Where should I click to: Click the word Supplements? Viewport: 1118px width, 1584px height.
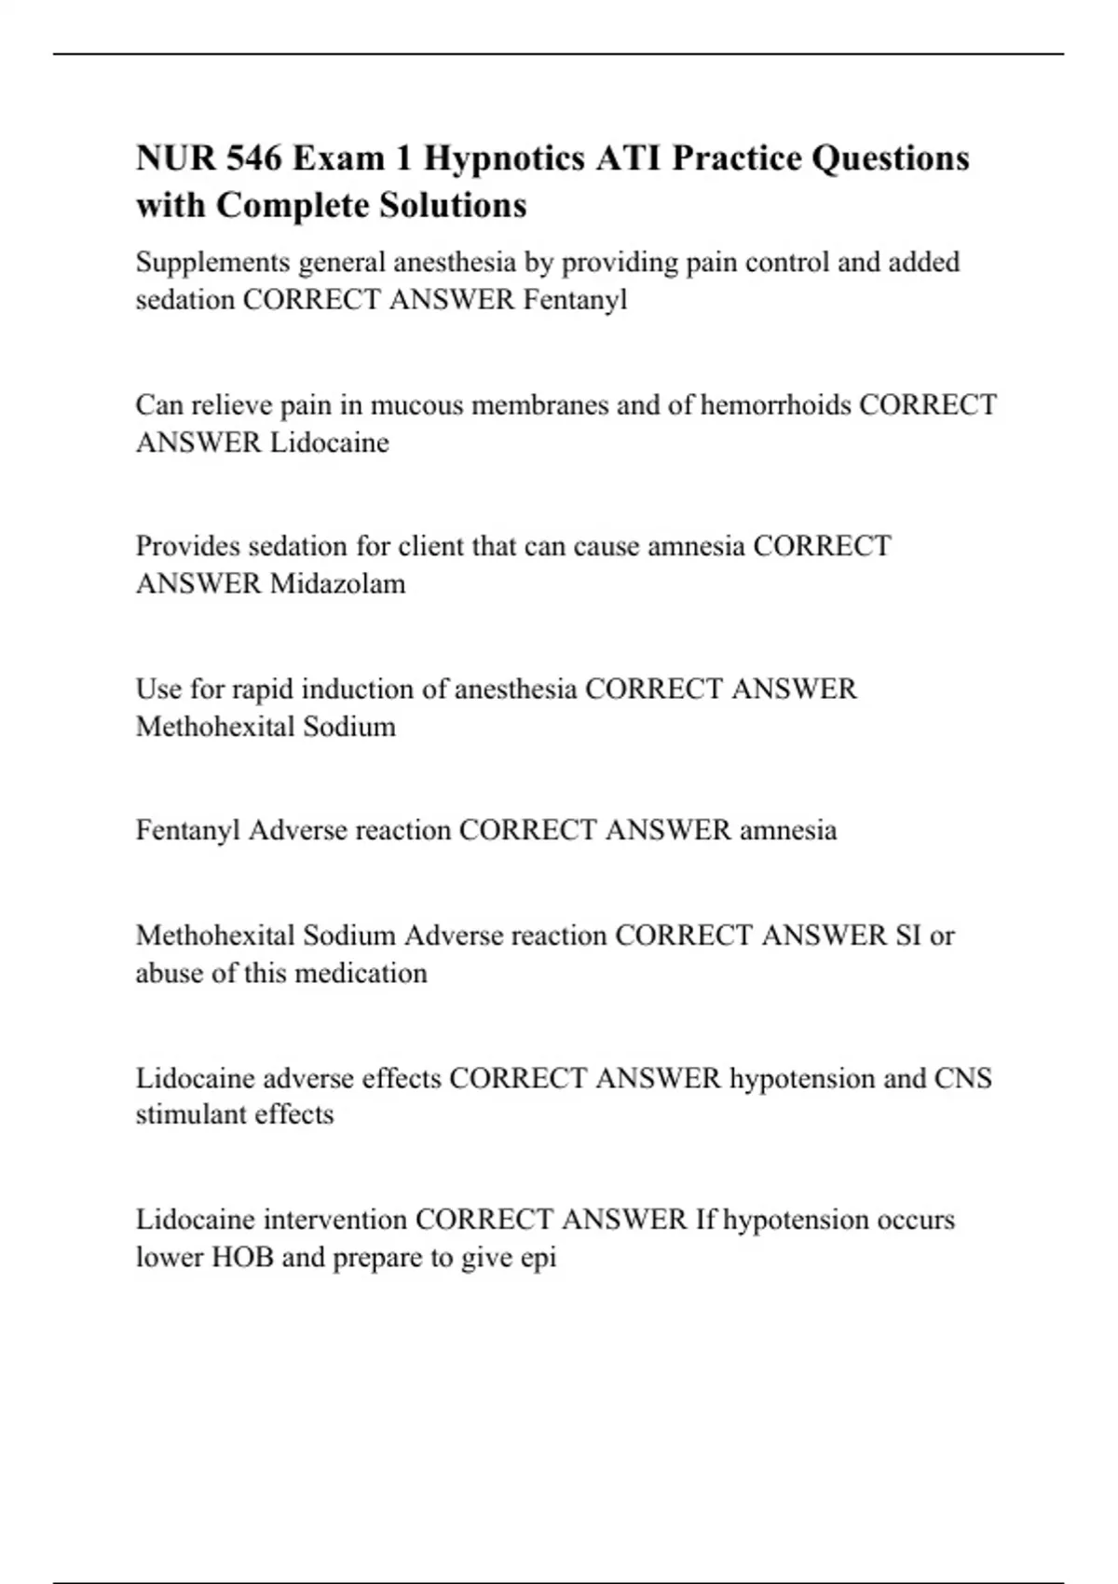tap(212, 263)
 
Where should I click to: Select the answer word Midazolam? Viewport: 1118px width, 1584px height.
tap(337, 584)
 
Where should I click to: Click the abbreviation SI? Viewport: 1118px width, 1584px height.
tap(907, 935)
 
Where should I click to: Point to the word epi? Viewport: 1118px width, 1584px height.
tap(538, 1259)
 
